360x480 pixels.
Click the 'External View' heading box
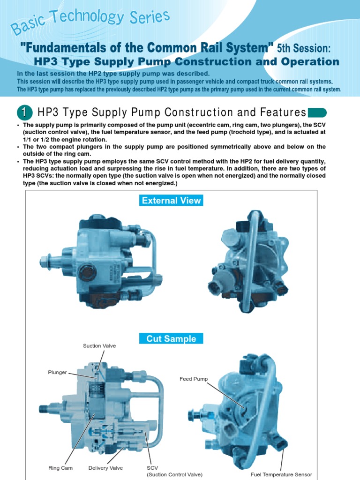point(172,201)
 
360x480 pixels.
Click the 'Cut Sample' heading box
point(171,338)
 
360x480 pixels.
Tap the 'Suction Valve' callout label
point(99,346)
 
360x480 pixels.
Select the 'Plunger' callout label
point(58,373)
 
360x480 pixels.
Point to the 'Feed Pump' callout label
point(193,379)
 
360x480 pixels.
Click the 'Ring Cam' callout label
point(60,468)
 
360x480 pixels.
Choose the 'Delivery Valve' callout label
point(106,468)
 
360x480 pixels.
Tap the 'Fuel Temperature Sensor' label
point(281,474)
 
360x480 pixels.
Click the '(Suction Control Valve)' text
point(174,474)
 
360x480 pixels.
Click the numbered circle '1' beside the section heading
point(24,113)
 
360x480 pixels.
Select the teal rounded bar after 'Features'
point(317,112)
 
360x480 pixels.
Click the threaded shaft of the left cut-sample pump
point(48,408)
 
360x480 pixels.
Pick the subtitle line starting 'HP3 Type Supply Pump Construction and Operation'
point(187,62)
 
